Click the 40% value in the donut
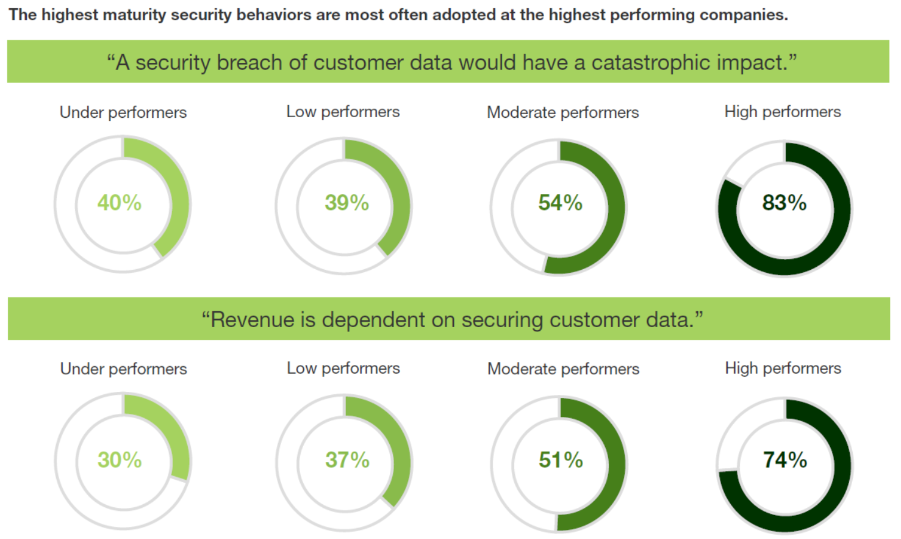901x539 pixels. point(120,203)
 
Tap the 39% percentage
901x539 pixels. point(346,203)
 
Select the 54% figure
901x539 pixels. point(560,203)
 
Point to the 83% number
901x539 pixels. point(784,203)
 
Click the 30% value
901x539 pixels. point(120,460)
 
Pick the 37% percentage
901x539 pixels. point(347,460)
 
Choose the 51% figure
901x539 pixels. point(561,460)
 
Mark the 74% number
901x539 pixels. point(785,460)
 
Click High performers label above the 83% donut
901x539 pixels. point(783,112)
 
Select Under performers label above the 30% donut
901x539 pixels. point(124,369)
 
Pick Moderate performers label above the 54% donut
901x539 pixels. point(562,112)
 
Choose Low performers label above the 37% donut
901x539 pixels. point(343,368)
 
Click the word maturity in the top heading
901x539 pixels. point(136,15)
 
